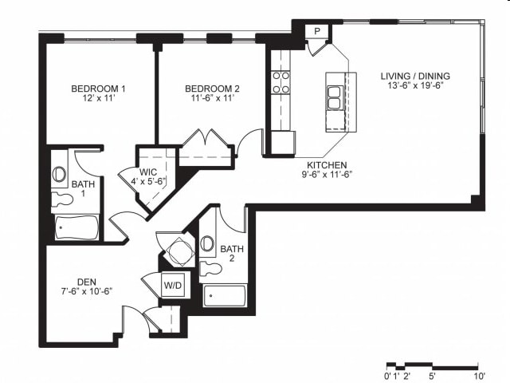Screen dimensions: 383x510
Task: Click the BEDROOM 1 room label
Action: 98,88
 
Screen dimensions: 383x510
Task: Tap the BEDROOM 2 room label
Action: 212,88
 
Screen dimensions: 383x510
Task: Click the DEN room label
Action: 87,281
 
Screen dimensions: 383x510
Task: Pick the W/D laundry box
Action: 173,285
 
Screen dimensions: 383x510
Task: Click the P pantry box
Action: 317,31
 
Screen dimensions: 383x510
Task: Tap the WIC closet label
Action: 148,171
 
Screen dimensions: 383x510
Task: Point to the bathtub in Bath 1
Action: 76,228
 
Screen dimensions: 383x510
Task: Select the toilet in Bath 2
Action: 208,266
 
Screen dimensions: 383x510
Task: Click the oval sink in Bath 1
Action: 59,174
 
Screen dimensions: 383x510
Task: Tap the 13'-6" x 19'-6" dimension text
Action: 415,85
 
